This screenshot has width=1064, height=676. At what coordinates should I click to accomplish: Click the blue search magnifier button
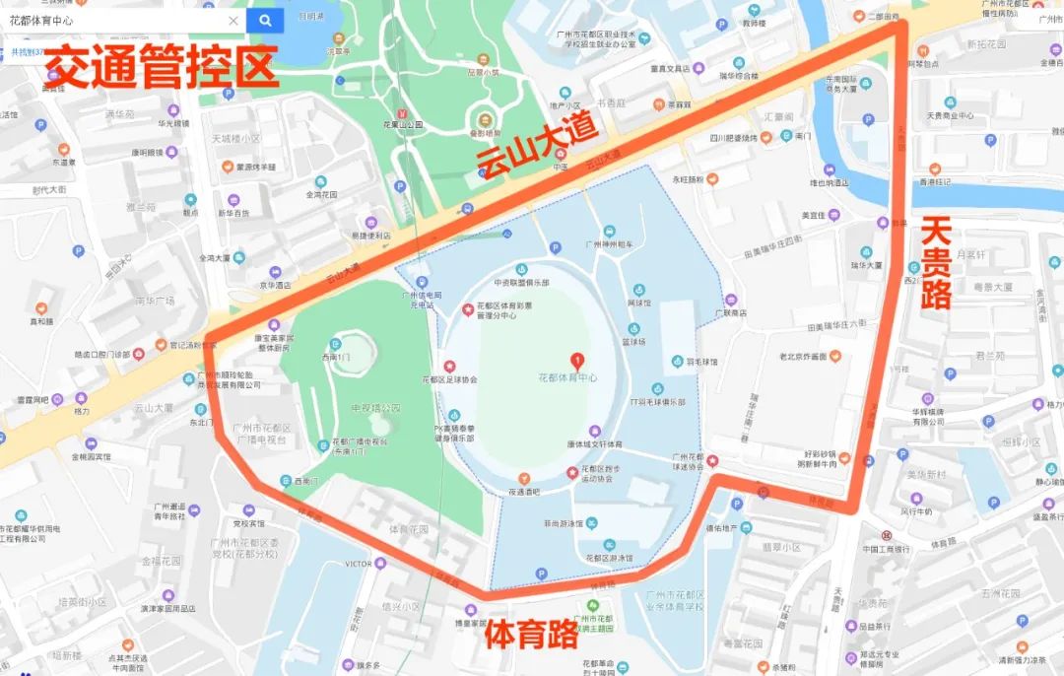coord(265,20)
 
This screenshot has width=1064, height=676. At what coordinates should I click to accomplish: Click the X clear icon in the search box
coord(233,20)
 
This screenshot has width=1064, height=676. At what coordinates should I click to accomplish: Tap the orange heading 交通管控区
coord(163,67)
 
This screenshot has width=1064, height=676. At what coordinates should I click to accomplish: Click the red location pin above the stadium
coord(577,362)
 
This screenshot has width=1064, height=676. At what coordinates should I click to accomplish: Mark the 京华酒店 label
coord(275,285)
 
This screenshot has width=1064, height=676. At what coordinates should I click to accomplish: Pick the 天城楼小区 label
coord(236,138)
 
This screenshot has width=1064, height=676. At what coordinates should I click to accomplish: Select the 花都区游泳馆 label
coord(608,557)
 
